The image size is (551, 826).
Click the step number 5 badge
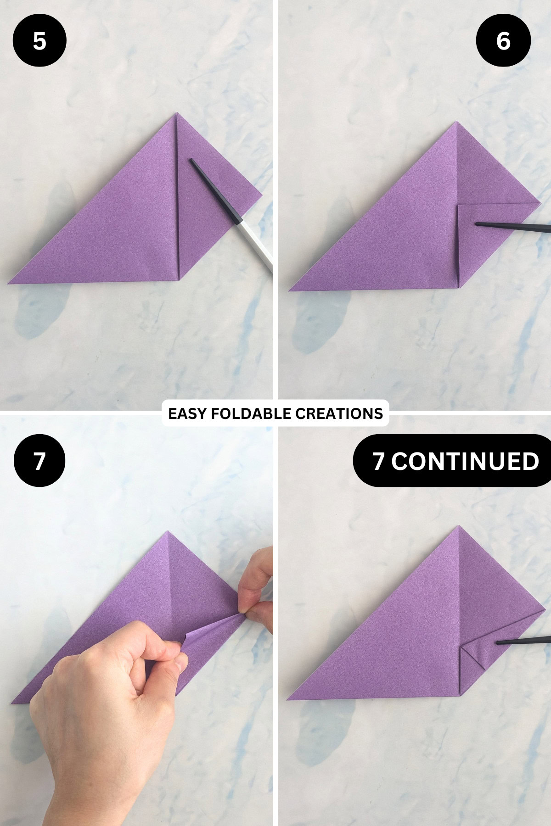39,41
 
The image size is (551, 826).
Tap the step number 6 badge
503,41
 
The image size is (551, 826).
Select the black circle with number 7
39,461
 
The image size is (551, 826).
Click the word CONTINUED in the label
465,461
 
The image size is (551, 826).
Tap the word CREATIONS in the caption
339,413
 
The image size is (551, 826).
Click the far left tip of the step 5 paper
9,282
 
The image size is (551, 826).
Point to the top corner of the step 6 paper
457,123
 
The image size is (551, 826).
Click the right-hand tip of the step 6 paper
539,202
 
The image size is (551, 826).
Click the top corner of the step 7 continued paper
458,527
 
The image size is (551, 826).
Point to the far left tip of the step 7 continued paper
288,699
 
